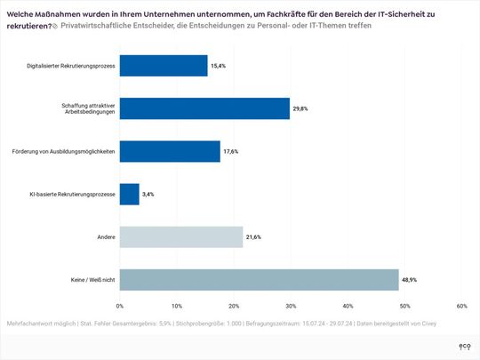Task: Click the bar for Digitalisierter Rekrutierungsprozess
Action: pyautogui.click(x=163, y=66)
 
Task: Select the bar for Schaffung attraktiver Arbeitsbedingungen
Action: pyautogui.click(x=204, y=108)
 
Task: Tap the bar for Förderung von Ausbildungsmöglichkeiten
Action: pyautogui.click(x=169, y=151)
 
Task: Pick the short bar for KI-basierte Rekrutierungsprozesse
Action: pyautogui.click(x=129, y=194)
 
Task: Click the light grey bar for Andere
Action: pyautogui.click(x=180, y=236)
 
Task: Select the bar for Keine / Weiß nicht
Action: pyautogui.click(x=259, y=279)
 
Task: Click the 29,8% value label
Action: pyautogui.click(x=302, y=108)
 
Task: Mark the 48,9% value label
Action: pyautogui.click(x=412, y=279)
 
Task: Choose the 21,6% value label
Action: pyautogui.click(x=254, y=236)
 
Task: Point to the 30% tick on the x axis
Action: pyautogui.click(x=291, y=306)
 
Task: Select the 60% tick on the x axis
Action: pyautogui.click(x=461, y=306)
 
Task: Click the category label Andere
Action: pyautogui.click(x=104, y=236)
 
